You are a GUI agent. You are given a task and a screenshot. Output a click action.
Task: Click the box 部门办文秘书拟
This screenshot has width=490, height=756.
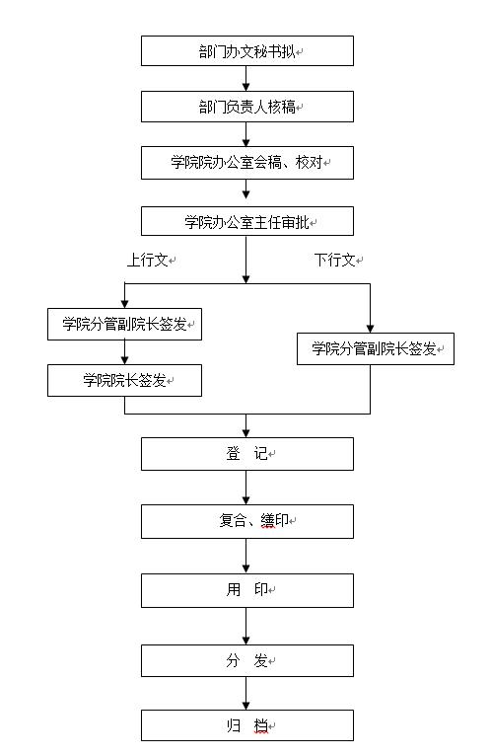click(x=247, y=50)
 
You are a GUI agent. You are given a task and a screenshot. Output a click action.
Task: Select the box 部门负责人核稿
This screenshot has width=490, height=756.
click(x=247, y=107)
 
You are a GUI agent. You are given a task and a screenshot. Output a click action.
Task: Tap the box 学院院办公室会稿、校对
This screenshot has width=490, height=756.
click(x=247, y=163)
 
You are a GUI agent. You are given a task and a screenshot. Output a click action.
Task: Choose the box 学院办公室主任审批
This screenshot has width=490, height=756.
click(x=247, y=221)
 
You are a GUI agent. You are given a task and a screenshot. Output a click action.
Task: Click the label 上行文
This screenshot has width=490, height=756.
click(x=148, y=260)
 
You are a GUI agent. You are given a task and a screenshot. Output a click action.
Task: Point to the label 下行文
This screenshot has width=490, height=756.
click(x=335, y=260)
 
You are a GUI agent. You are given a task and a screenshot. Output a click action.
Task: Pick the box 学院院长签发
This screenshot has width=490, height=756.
click(x=124, y=380)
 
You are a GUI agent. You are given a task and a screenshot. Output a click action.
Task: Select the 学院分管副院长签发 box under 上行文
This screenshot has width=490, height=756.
click(x=124, y=324)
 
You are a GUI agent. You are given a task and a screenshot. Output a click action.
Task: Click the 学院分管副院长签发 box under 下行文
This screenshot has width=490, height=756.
click(x=376, y=348)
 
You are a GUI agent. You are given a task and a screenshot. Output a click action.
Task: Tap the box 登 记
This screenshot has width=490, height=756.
click(x=247, y=454)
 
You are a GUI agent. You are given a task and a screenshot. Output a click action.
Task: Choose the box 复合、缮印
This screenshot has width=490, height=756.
click(x=247, y=521)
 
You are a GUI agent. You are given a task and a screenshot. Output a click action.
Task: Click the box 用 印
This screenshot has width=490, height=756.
click(x=247, y=590)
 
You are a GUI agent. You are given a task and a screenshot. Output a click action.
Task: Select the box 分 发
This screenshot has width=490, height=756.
click(x=247, y=660)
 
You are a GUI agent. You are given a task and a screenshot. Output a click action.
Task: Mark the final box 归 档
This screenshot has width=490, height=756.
click(x=247, y=725)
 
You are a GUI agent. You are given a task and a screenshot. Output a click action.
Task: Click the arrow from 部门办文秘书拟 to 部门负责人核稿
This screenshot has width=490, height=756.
click(x=245, y=79)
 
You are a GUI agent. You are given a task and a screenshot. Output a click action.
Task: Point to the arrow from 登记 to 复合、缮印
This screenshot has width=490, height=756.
click(x=245, y=488)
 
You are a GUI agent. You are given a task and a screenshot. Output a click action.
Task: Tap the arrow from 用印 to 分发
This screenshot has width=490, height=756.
click(x=245, y=627)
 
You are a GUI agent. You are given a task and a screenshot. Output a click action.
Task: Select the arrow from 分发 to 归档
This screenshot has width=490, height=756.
click(x=245, y=693)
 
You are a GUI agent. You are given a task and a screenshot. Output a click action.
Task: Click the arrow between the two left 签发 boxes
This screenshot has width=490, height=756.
click(x=124, y=352)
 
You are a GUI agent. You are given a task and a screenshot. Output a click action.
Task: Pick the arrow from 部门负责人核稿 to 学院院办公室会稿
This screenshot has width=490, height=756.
click(x=245, y=134)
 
